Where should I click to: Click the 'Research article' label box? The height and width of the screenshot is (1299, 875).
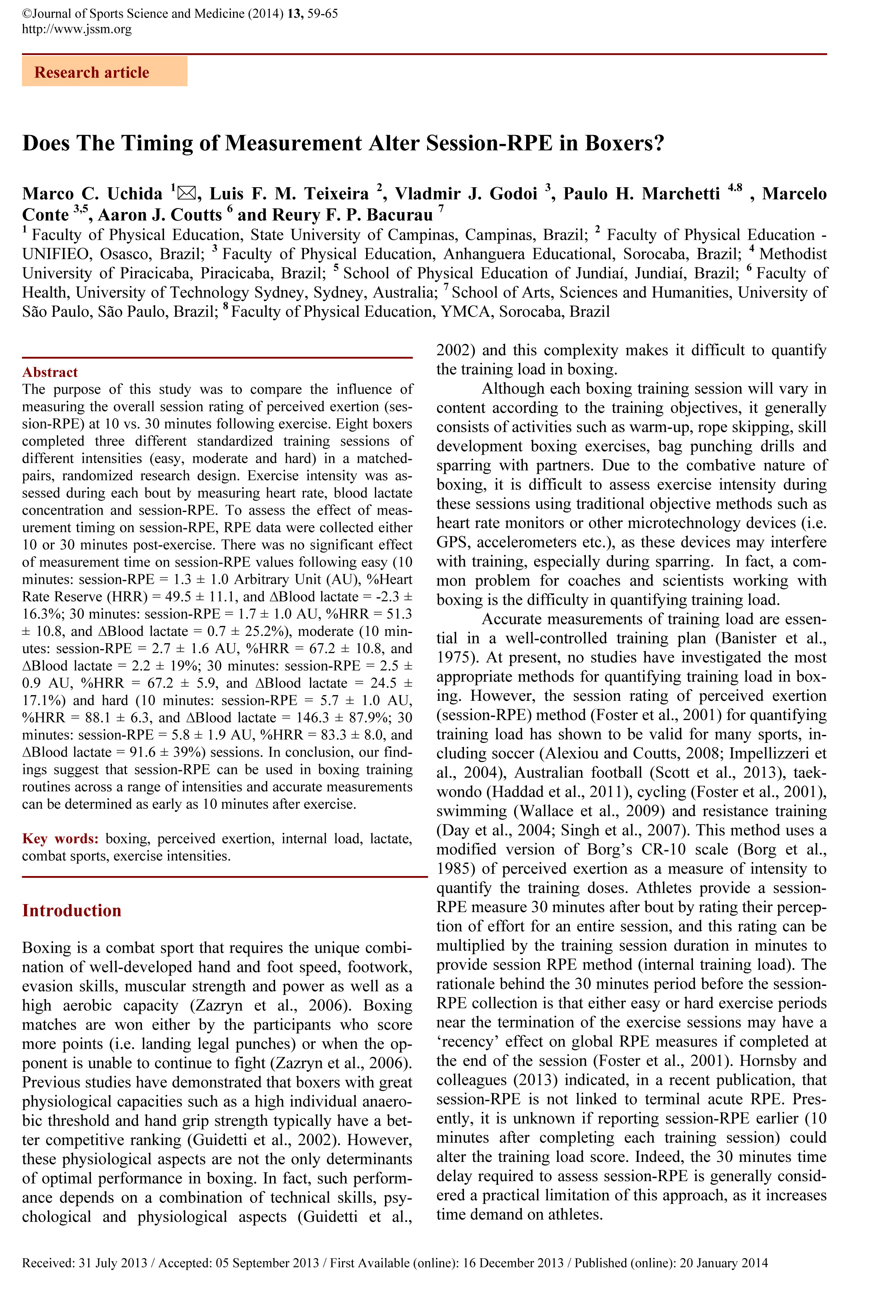[x=104, y=72]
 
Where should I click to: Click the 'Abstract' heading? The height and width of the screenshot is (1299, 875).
[x=50, y=372]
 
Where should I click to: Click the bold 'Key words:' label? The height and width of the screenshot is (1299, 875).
[x=60, y=839]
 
